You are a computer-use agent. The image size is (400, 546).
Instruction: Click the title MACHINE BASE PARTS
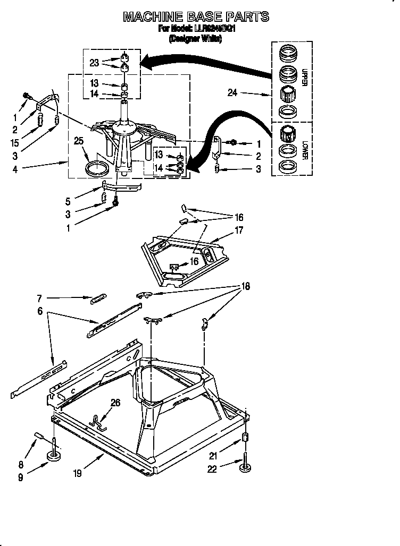[x=196, y=17]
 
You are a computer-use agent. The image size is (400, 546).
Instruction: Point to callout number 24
[x=232, y=93]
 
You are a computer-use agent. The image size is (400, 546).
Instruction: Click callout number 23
[x=95, y=62]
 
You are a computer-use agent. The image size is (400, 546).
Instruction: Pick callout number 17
[x=238, y=230]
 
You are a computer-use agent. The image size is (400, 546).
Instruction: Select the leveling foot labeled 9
[x=54, y=455]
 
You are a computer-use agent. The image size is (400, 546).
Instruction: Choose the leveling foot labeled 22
[x=245, y=468]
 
